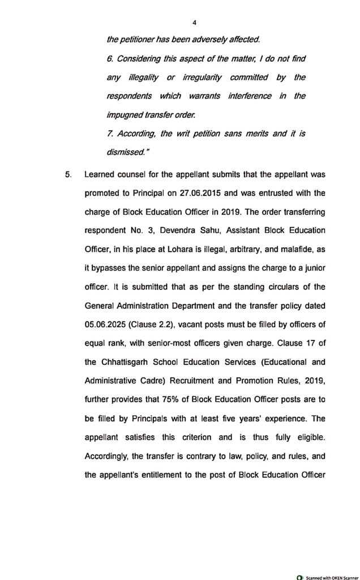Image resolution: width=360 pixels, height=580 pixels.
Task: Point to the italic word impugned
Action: click(x=125, y=114)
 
